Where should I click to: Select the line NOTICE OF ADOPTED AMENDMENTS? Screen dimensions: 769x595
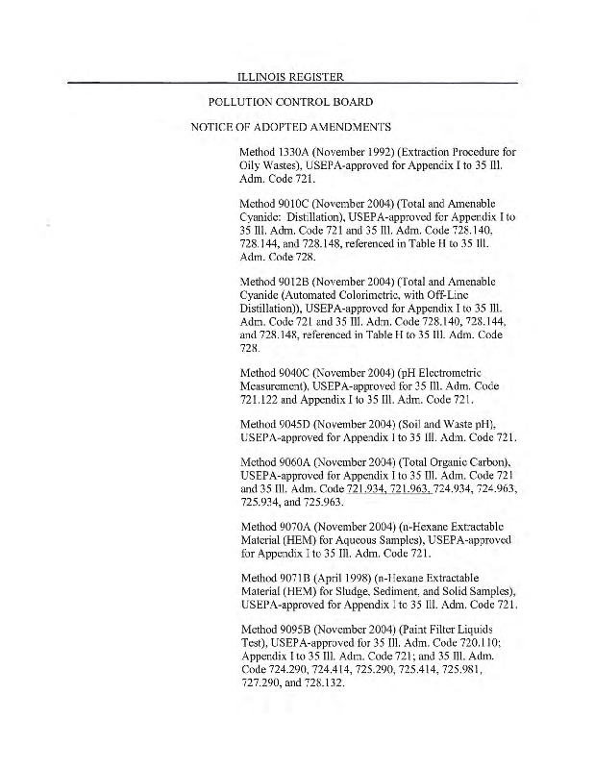click(x=289, y=127)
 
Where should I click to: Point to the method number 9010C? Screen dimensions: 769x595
click(x=299, y=205)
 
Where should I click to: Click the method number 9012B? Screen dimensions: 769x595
click(x=299, y=280)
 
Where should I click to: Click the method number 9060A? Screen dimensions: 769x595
click(x=299, y=465)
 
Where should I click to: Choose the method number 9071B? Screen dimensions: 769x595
click(x=299, y=581)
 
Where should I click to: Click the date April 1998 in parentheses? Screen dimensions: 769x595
click(x=352, y=581)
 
